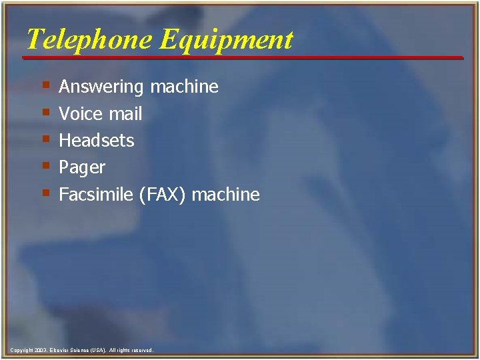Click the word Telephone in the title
pos(90,39)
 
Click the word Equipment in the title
pos(227,41)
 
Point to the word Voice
pos(81,114)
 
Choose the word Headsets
pos(97,141)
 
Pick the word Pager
pos(82,168)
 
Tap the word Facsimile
pos(96,195)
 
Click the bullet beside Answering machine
pos(45,86)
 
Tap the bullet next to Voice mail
pos(45,113)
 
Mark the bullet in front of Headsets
pos(45,139)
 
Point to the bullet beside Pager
pos(45,166)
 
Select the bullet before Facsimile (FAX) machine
pos(45,193)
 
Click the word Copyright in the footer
pos(22,350)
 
